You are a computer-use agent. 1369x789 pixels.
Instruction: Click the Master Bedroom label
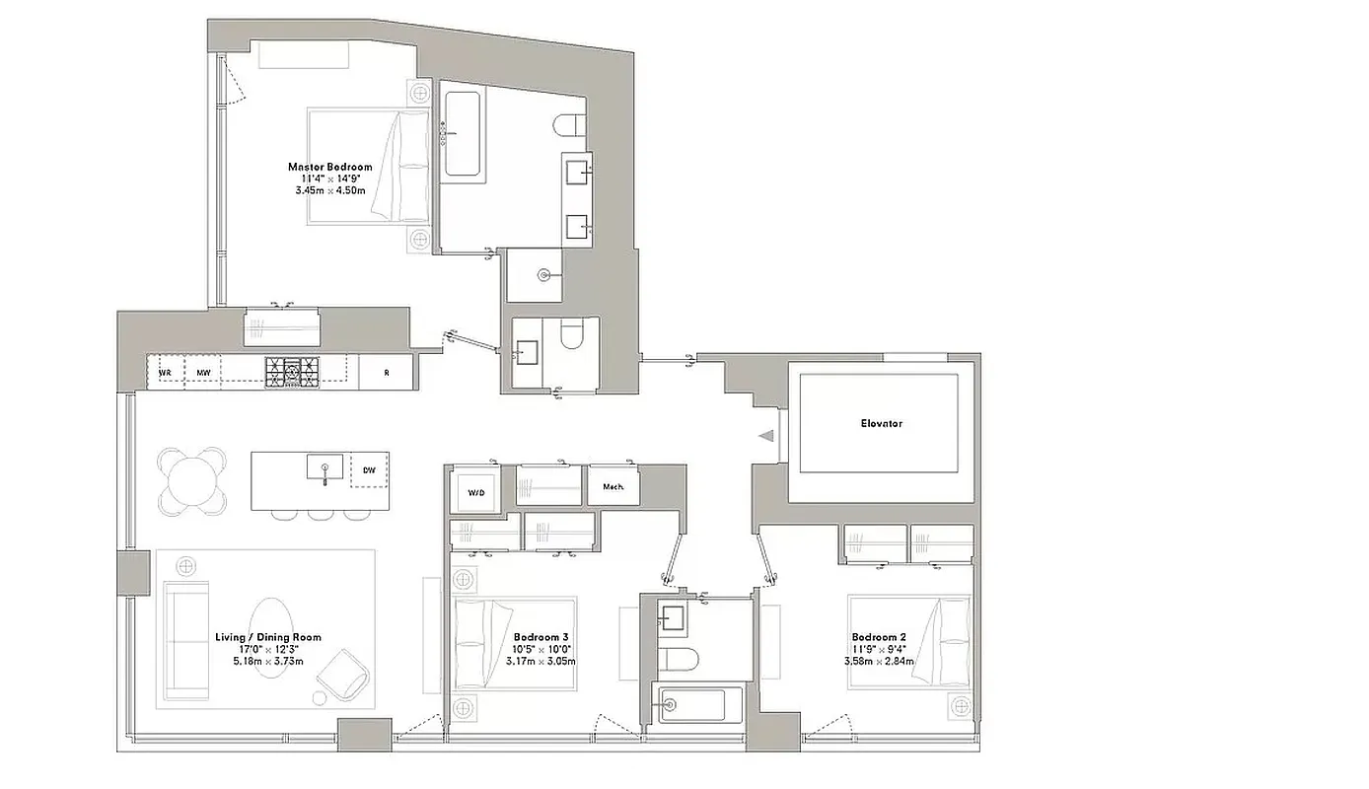(329, 168)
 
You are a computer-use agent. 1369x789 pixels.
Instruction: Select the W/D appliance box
(475, 491)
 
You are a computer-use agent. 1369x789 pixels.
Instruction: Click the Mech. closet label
(612, 485)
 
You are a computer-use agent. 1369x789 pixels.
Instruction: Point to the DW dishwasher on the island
(369, 470)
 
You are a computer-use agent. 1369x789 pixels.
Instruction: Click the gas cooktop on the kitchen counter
(292, 372)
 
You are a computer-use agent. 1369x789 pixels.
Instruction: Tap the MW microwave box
(203, 373)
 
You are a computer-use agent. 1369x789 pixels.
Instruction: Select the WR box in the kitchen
(166, 373)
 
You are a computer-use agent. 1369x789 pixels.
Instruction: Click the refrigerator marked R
(386, 373)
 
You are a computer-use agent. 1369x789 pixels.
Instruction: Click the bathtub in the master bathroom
(462, 134)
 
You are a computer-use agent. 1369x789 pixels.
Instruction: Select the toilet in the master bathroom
(567, 126)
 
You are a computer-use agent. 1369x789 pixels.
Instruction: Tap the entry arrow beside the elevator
(765, 435)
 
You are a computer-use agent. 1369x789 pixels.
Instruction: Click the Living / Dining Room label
(267, 638)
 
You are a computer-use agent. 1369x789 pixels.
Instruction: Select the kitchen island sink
(324, 466)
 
